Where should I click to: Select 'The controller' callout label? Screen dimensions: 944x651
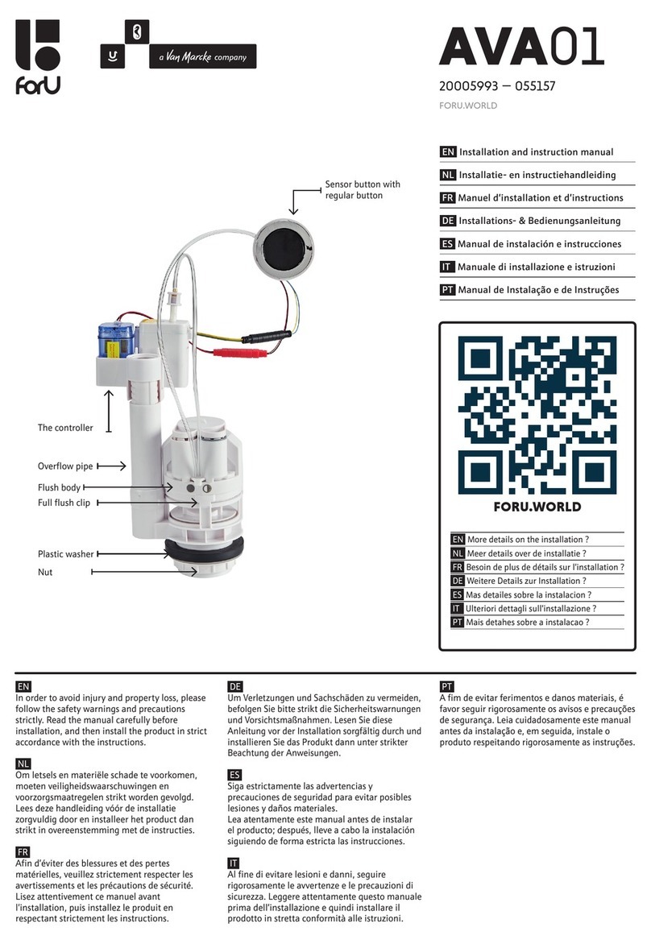pyautogui.click(x=65, y=428)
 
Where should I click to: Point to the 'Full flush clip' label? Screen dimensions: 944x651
pyautogui.click(x=64, y=503)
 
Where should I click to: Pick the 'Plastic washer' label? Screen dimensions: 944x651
pyautogui.click(x=65, y=554)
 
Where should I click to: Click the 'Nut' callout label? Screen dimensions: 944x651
pyautogui.click(x=45, y=572)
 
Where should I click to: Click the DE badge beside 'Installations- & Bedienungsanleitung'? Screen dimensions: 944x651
pyautogui.click(x=447, y=221)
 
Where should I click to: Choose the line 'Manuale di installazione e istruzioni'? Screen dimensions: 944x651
pyautogui.click(x=536, y=267)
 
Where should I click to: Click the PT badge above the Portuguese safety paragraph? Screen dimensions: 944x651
pyautogui.click(x=447, y=685)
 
